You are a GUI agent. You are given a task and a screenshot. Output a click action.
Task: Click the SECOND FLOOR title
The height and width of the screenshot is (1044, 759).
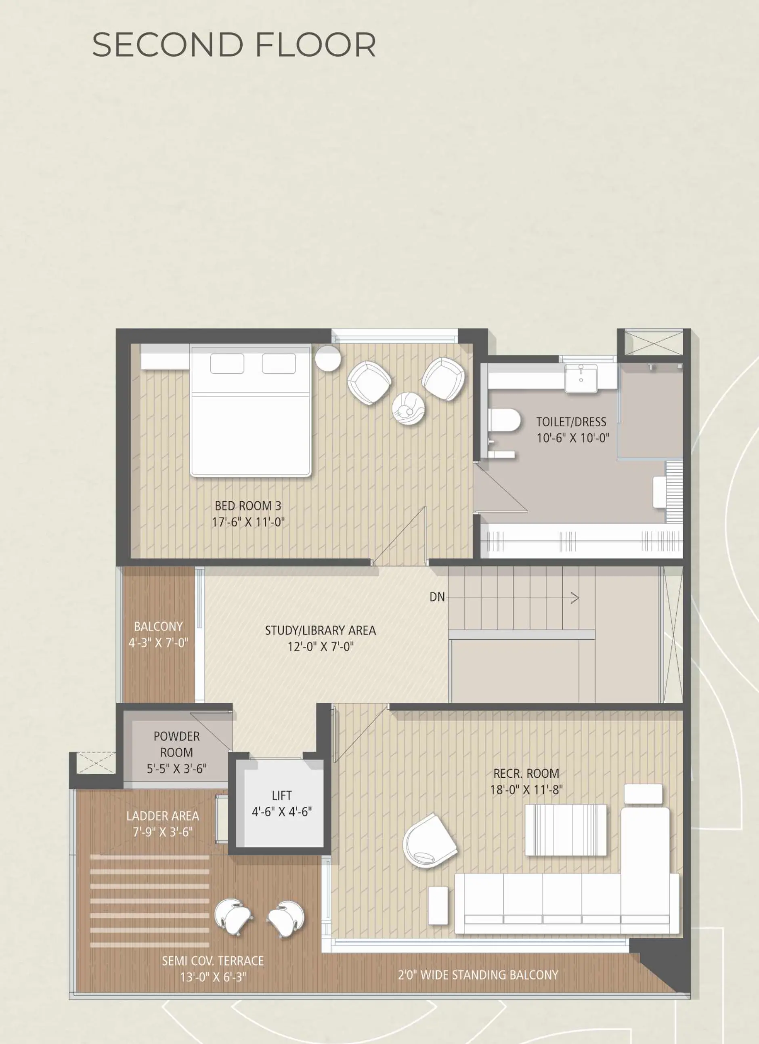pos(234,45)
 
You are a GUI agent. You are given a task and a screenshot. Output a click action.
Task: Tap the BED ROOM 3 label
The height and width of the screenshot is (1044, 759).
pos(248,506)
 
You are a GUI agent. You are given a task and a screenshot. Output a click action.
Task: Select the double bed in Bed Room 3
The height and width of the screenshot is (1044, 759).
pos(250,411)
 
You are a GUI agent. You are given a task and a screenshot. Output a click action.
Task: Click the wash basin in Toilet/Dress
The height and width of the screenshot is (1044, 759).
pos(581,378)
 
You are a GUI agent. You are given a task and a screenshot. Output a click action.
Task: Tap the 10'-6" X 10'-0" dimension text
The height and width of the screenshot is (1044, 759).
pos(572,438)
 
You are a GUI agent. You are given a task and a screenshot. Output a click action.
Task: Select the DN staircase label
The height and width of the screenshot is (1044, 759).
pos(437,597)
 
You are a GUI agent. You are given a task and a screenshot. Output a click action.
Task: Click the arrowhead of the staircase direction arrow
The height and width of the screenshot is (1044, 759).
pos(575,598)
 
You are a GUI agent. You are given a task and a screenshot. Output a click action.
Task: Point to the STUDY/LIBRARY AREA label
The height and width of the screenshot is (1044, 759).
pos(320,630)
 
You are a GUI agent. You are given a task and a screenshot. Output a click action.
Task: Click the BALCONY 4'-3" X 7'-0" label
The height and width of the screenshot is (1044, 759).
pos(158,635)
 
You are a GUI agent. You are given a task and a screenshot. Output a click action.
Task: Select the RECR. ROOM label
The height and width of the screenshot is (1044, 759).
pos(526,773)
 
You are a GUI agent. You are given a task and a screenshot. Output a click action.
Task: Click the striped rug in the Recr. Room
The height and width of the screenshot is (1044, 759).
pos(566,830)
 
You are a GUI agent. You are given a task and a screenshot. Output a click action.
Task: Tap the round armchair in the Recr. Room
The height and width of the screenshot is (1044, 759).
pos(430,842)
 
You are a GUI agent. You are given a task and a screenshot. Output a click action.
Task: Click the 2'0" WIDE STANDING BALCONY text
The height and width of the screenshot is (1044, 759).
pos(478,975)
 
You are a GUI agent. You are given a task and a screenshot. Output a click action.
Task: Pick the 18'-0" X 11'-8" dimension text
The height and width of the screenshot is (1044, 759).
pos(526,790)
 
